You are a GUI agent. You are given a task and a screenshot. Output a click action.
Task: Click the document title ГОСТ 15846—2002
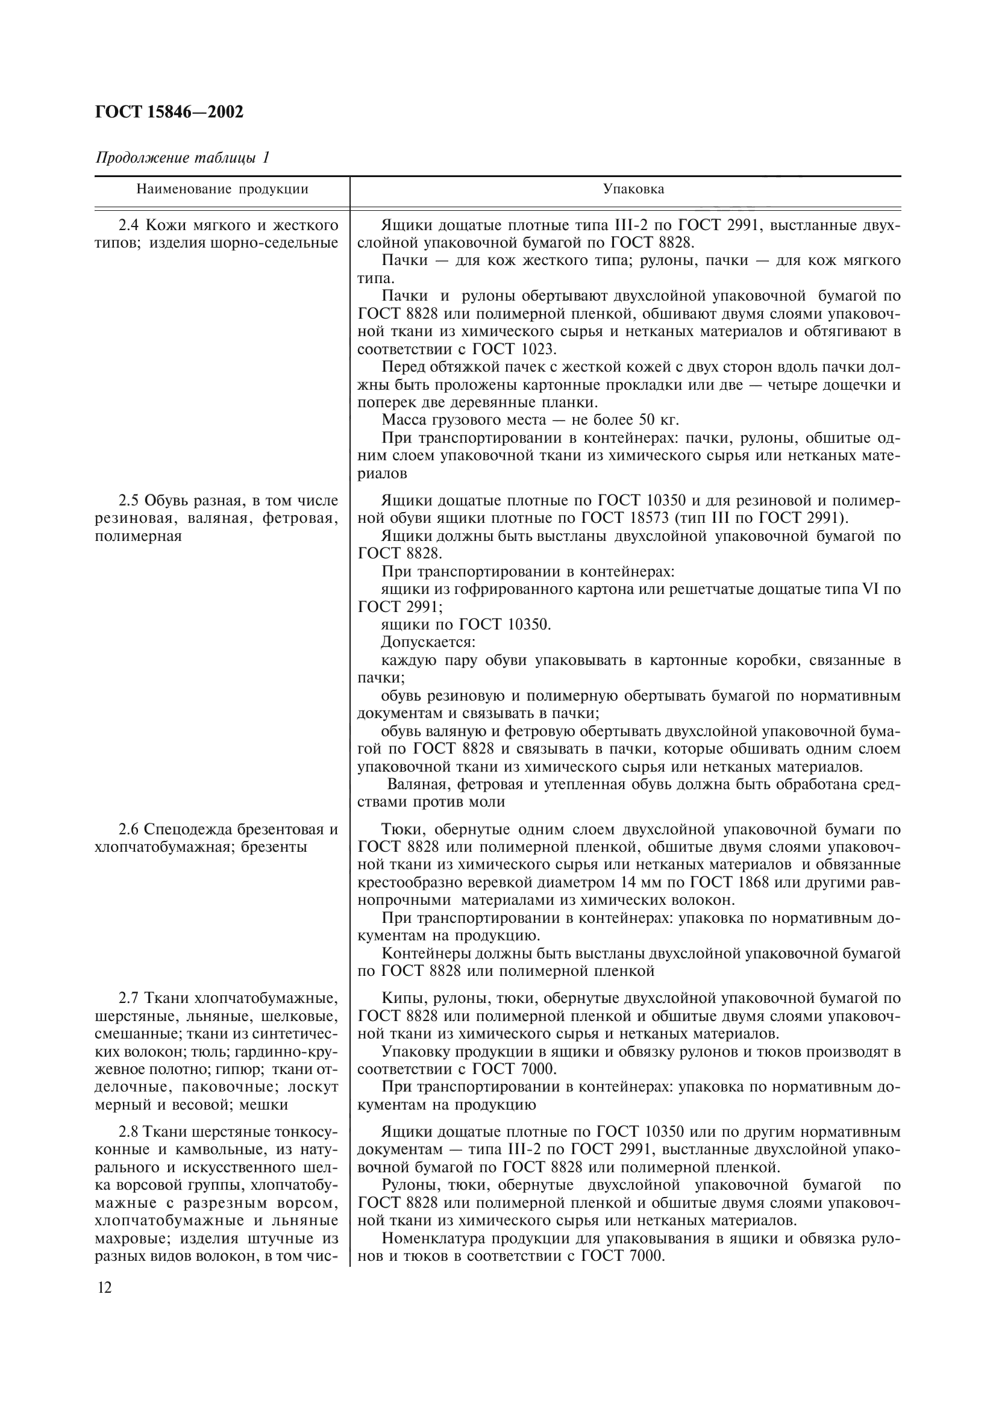(x=169, y=111)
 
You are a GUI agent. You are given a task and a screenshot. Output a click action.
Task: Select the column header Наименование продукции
(x=222, y=190)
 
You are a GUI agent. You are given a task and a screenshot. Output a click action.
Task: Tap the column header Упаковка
(x=633, y=190)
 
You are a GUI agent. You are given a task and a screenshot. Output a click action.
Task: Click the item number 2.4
(x=130, y=225)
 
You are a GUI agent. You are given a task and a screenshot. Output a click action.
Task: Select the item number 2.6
(x=130, y=829)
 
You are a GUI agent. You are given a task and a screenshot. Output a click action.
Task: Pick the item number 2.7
(x=130, y=998)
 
